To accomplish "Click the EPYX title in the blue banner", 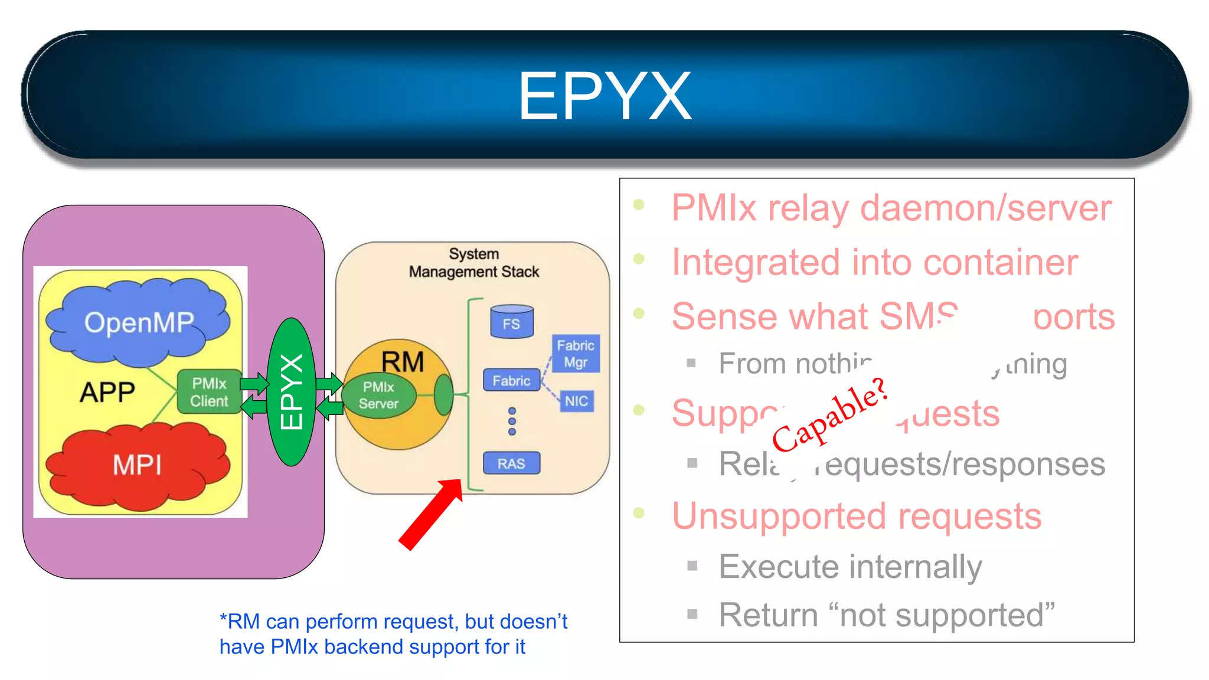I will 604,96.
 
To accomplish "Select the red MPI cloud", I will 137,465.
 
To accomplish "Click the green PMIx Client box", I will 209,393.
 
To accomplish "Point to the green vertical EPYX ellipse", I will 291,392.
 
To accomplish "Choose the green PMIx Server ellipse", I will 379,395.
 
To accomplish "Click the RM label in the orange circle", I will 403,361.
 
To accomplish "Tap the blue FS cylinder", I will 511,322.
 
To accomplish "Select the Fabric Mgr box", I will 576,354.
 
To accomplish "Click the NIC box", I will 576,401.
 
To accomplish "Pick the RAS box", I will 511,463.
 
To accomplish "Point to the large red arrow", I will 430,514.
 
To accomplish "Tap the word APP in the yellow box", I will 107,392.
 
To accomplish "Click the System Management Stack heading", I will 474,263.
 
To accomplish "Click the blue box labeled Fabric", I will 511,381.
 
